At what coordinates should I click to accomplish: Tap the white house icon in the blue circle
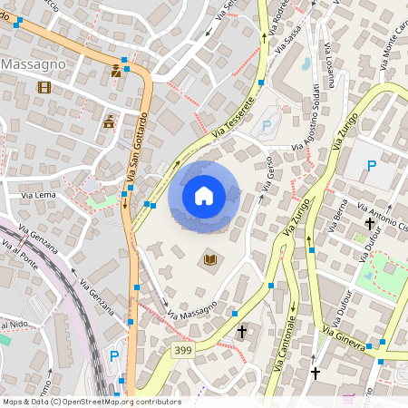pos(203,196)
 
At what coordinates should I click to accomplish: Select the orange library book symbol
pos(210,260)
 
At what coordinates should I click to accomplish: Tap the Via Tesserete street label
pos(231,121)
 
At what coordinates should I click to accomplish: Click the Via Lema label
pos(39,195)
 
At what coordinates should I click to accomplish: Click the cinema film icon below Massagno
pos(44,87)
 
